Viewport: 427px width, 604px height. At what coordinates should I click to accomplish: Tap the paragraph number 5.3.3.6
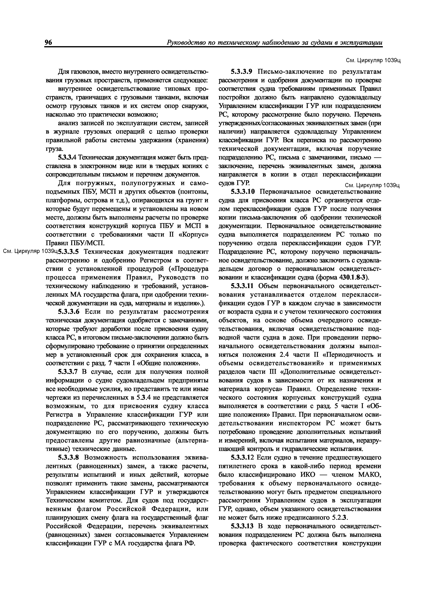point(68,312)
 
